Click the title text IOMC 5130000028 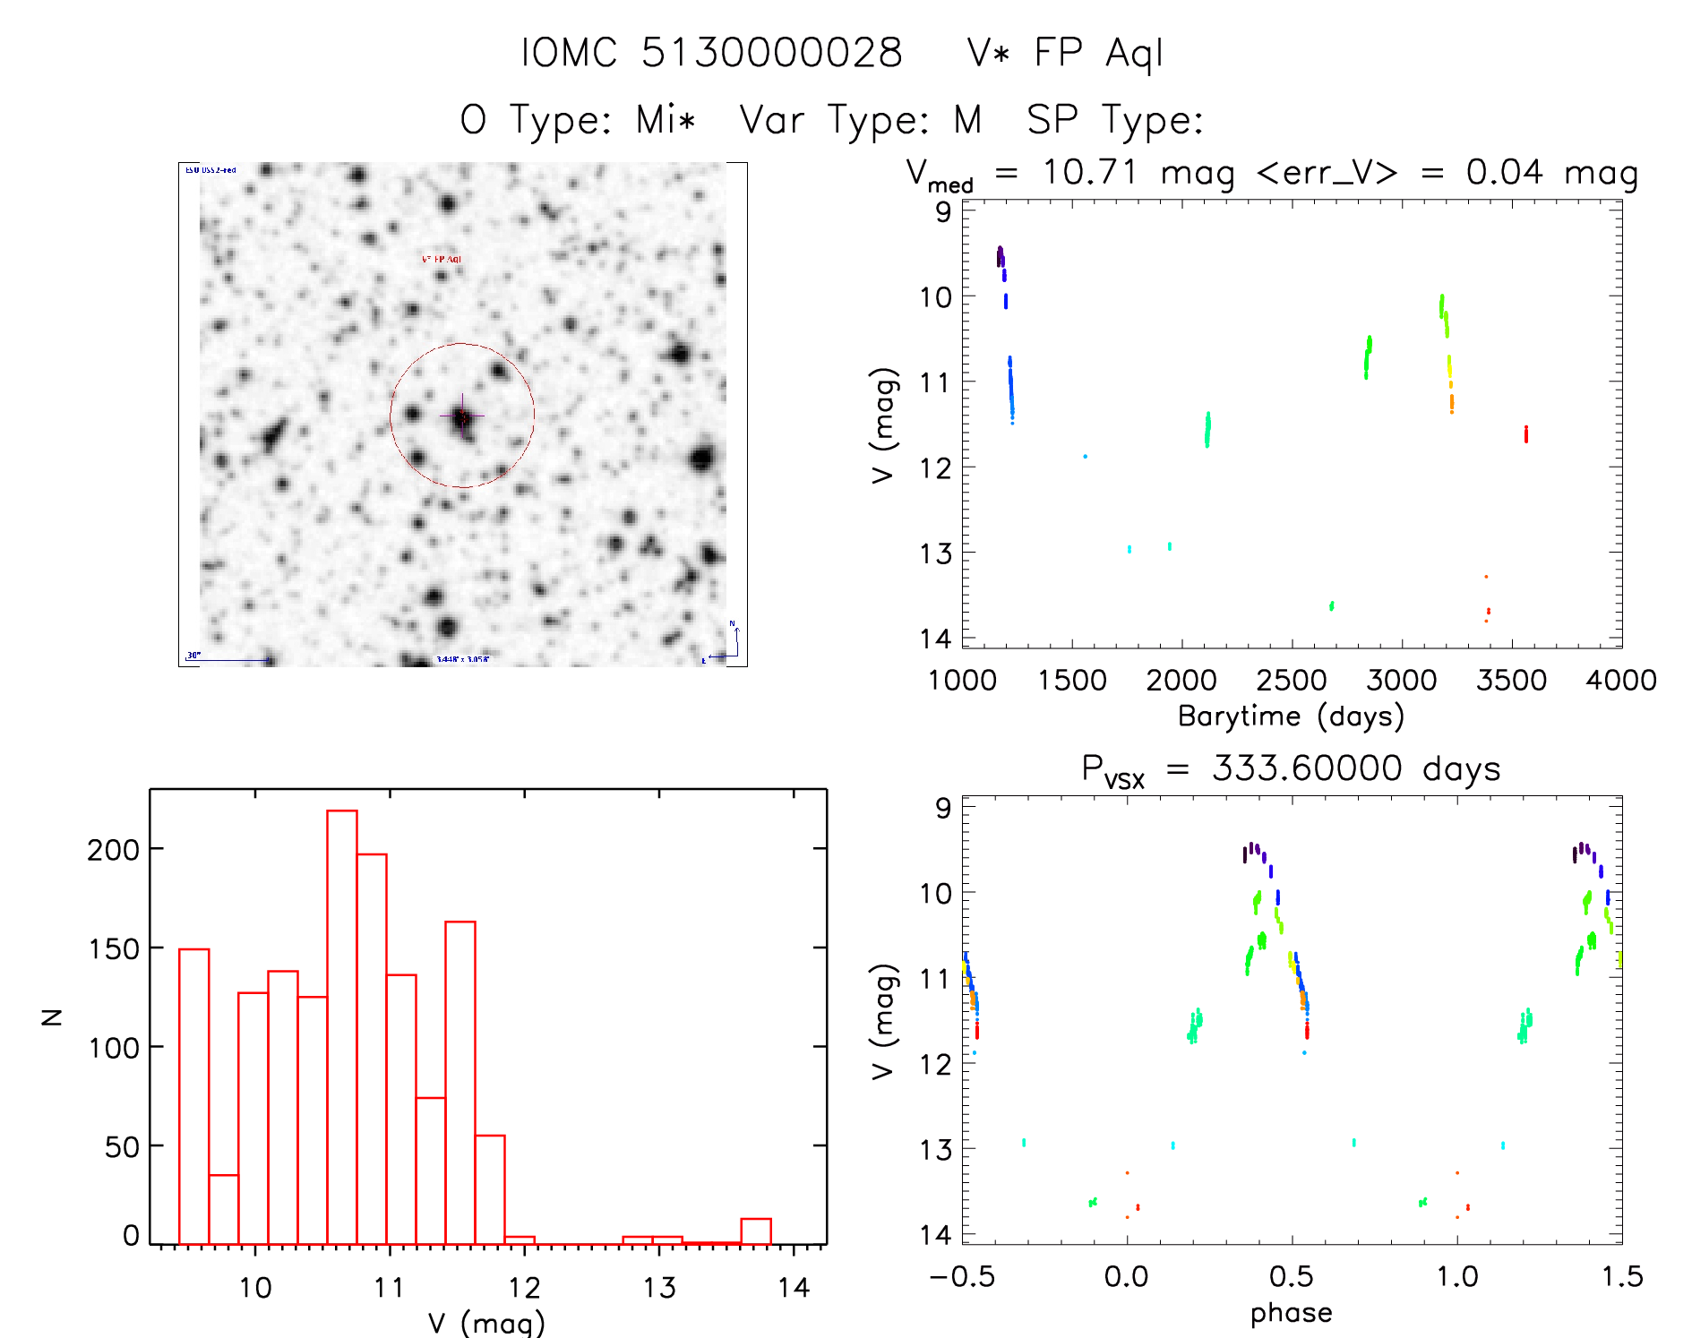pyautogui.click(x=711, y=53)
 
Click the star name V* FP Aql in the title pyautogui.click(x=1065, y=53)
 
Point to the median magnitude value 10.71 pyautogui.click(x=1089, y=172)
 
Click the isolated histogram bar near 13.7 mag pyautogui.click(x=756, y=1231)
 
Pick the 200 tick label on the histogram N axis pyautogui.click(x=114, y=849)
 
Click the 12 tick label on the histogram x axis pyautogui.click(x=524, y=1288)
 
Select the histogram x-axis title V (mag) pyautogui.click(x=485, y=1322)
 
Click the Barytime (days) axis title pyautogui.click(x=1291, y=716)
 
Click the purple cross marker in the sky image pyautogui.click(x=462, y=416)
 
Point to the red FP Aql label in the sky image pyautogui.click(x=442, y=259)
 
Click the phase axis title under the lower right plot pyautogui.click(x=1291, y=1313)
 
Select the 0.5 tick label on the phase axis pyautogui.click(x=1291, y=1276)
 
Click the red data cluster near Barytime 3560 pyautogui.click(x=1526, y=434)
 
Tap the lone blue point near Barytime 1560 pyautogui.click(x=1085, y=457)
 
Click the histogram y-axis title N pyautogui.click(x=52, y=1016)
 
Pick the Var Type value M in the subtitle pyautogui.click(x=967, y=120)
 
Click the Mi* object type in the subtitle pyautogui.click(x=666, y=120)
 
